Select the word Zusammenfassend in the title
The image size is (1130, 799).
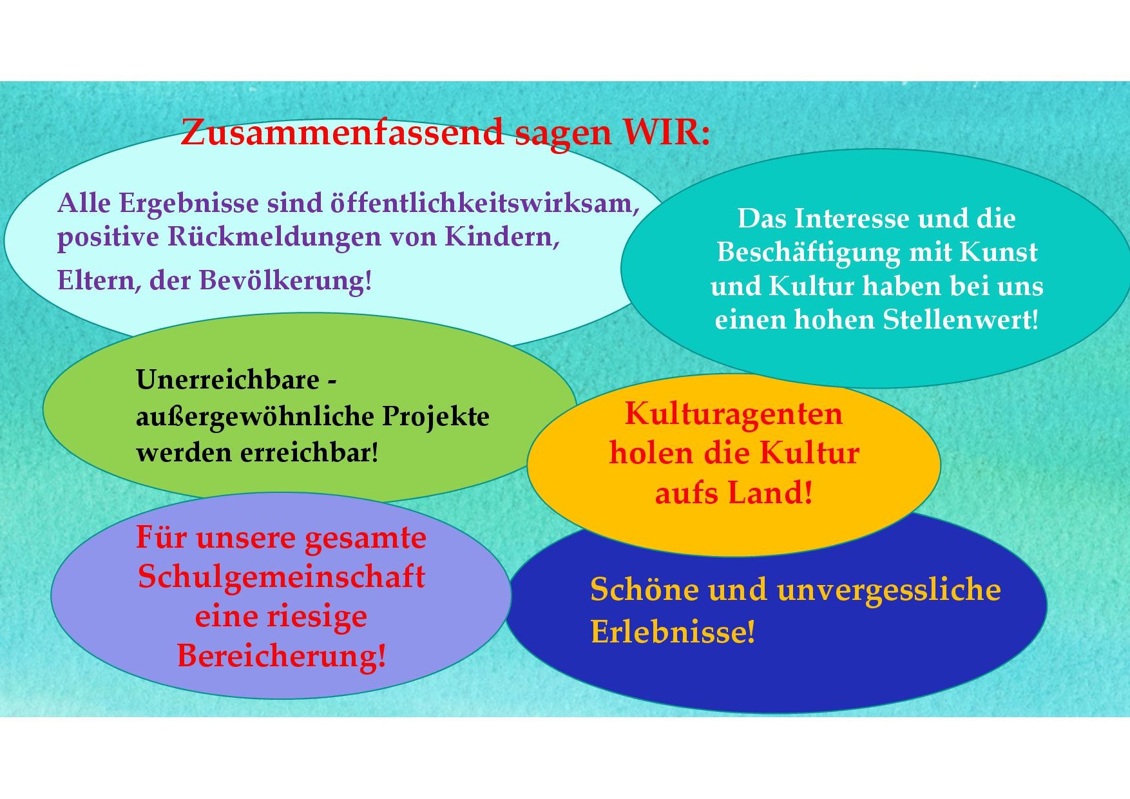pos(342,132)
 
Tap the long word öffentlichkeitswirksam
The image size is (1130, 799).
pos(484,203)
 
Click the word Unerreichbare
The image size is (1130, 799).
pos(227,380)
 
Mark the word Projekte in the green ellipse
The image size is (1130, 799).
pos(436,417)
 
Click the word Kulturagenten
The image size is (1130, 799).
pos(734,414)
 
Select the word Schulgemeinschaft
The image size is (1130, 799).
pos(282,577)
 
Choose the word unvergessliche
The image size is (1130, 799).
pos(889,590)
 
